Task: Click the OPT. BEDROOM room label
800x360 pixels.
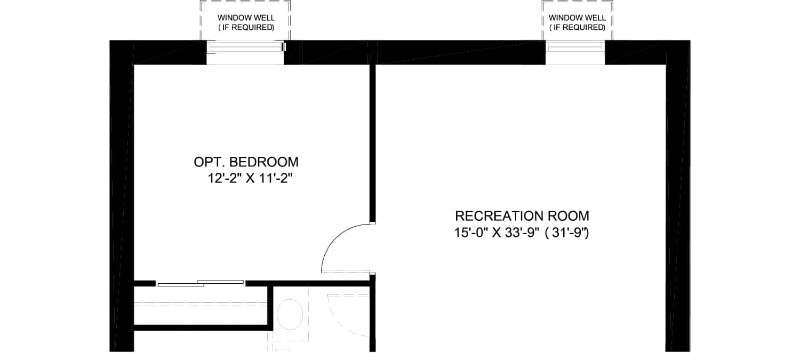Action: click(x=246, y=162)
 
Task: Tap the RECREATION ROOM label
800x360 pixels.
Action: click(x=522, y=216)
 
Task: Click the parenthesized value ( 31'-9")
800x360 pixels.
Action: click(x=567, y=233)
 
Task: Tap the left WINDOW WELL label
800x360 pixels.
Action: click(x=246, y=22)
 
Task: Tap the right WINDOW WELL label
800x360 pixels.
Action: click(x=577, y=22)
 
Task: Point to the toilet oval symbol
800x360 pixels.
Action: click(x=290, y=314)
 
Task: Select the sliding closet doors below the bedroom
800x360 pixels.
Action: click(x=201, y=284)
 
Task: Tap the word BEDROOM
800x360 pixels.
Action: click(x=263, y=162)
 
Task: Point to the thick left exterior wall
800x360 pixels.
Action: click(x=122, y=196)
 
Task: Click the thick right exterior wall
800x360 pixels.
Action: click(x=678, y=196)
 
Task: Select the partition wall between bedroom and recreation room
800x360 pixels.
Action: click(x=372, y=143)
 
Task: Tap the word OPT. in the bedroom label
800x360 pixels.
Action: click(x=209, y=162)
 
